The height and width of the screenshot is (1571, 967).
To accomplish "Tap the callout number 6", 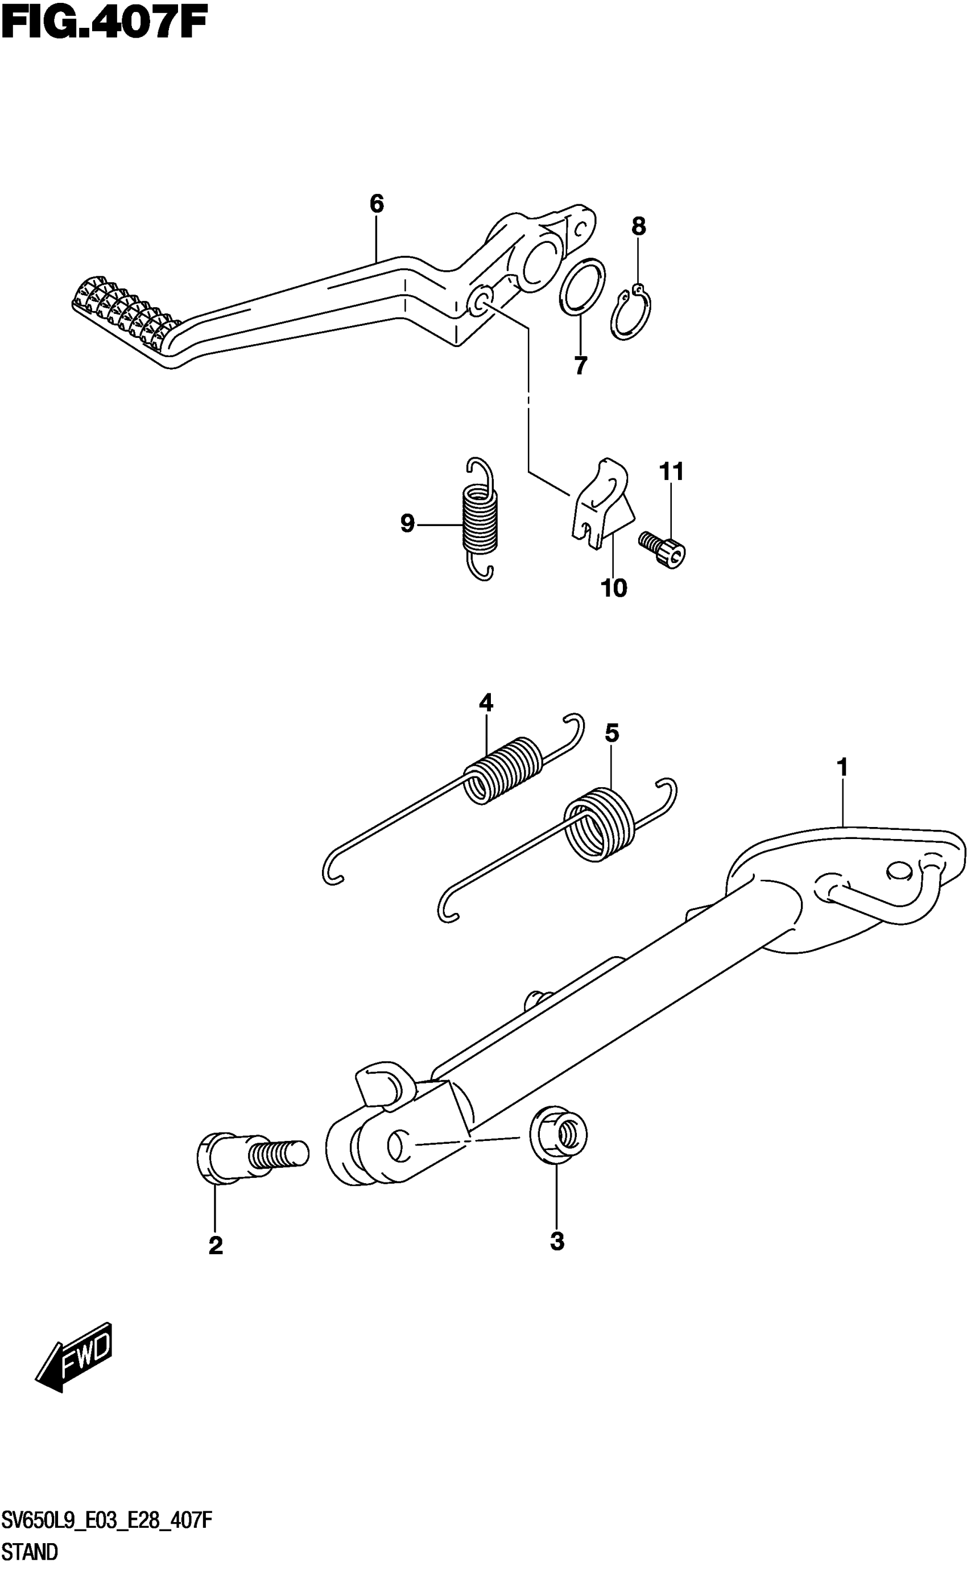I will [x=377, y=204].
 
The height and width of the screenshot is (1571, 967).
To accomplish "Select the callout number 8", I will [x=638, y=226].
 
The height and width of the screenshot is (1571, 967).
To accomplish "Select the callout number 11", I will [x=672, y=472].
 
